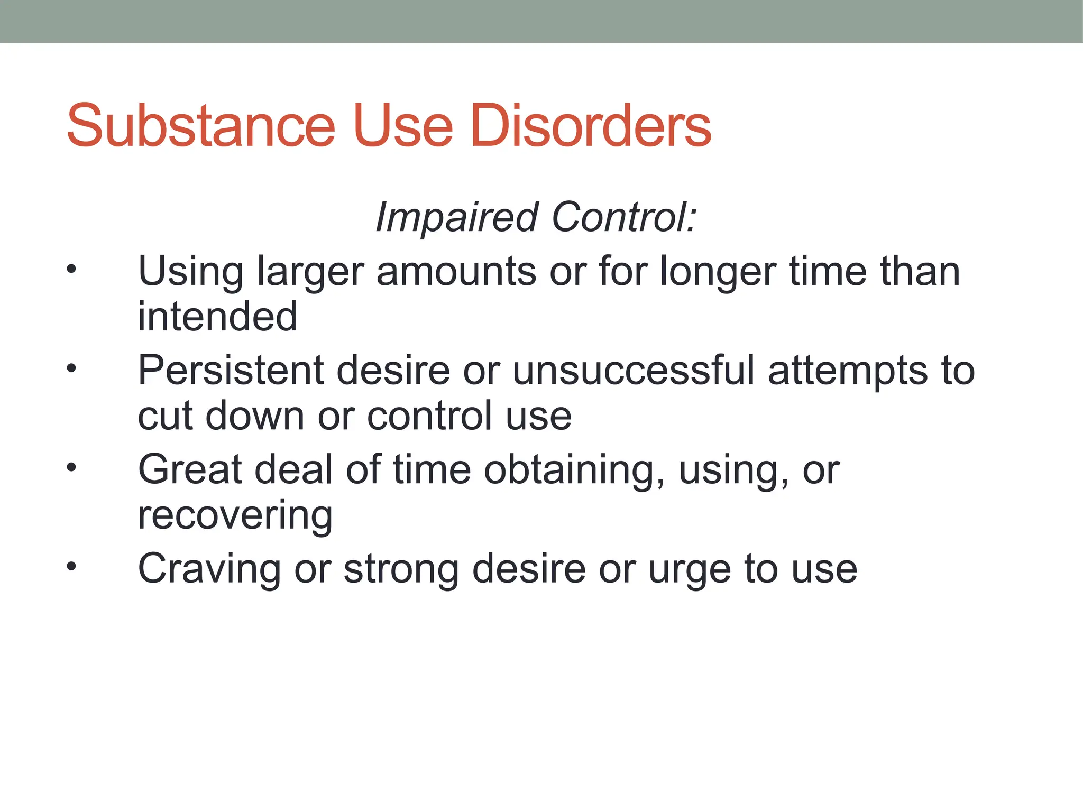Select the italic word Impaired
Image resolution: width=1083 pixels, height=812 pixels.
456,217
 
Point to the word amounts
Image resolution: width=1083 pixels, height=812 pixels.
456,272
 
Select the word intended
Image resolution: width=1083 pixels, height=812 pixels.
217,317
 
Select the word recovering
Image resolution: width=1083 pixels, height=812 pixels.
235,516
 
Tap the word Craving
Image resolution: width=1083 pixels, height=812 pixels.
209,570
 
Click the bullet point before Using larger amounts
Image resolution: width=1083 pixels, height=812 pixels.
71,270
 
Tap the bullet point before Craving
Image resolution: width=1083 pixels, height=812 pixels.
71,567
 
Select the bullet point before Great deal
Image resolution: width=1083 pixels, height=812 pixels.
71,467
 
